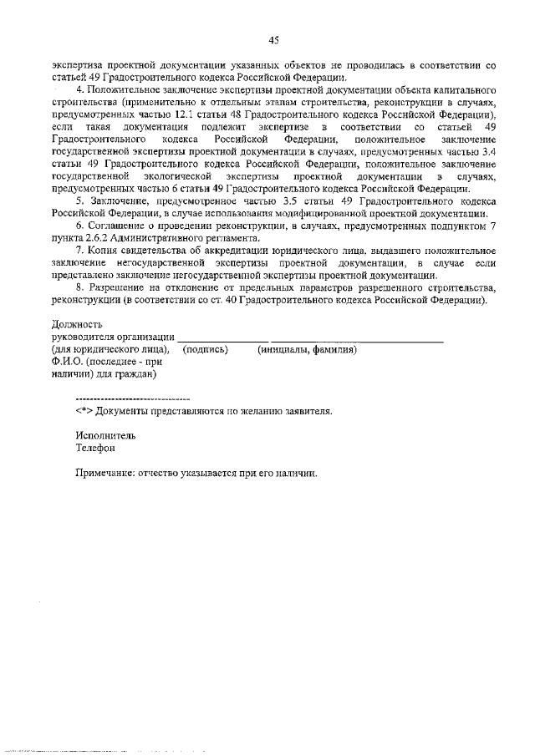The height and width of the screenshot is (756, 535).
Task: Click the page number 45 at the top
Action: tap(273, 39)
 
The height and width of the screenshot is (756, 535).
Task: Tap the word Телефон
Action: tap(95, 448)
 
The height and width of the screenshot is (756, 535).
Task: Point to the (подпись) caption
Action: tap(205, 349)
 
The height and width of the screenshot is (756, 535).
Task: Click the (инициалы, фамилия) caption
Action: tap(307, 349)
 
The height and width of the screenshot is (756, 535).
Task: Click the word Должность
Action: tap(77, 324)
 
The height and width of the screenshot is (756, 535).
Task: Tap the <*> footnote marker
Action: tap(84, 411)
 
